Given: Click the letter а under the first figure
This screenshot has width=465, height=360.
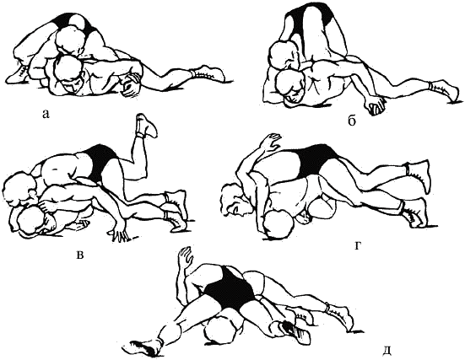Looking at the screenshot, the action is pyautogui.click(x=45, y=114).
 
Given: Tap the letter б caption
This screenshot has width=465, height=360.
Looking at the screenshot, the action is pyautogui.click(x=352, y=121).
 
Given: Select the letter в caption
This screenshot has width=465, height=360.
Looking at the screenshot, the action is pyautogui.click(x=79, y=255).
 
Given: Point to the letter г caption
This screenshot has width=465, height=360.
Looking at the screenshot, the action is pyautogui.click(x=358, y=246).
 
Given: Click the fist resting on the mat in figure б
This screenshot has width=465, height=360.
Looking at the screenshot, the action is pyautogui.click(x=376, y=106).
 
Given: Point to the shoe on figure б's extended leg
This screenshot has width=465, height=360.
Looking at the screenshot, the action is pyautogui.click(x=447, y=91).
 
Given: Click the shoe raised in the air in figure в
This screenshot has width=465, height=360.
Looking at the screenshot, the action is pyautogui.click(x=146, y=126).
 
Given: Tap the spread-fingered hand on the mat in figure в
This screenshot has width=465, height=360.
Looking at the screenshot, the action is pyautogui.click(x=122, y=233).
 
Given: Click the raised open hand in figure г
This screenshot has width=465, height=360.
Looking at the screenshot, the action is pyautogui.click(x=269, y=142).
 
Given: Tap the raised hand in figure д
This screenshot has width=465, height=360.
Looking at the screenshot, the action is pyautogui.click(x=186, y=255).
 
